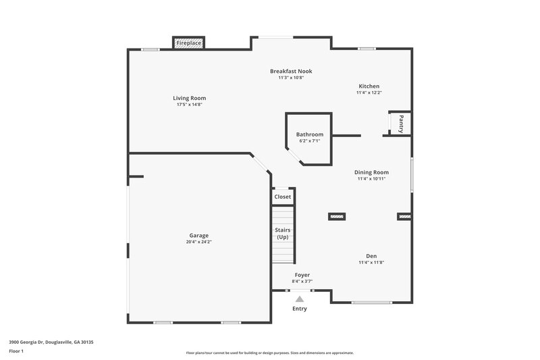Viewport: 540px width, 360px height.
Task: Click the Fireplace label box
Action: point(188,43)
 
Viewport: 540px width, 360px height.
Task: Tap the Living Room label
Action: point(189,98)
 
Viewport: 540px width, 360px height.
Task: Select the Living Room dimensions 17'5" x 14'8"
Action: point(189,105)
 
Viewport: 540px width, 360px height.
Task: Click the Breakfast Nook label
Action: point(291,71)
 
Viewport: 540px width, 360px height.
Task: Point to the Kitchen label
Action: point(369,86)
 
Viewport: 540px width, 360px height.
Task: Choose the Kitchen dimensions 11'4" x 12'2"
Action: point(369,93)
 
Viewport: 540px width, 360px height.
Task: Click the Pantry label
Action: point(401,123)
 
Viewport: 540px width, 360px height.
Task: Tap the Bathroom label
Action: point(309,134)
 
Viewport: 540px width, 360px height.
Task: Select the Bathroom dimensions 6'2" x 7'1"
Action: point(308,141)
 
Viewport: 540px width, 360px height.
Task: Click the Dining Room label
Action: point(372,172)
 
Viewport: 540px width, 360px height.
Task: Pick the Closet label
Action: point(282,197)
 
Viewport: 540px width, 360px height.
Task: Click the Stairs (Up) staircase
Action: point(283,234)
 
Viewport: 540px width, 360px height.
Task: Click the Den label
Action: point(371,256)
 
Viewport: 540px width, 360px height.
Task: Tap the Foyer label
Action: point(302,275)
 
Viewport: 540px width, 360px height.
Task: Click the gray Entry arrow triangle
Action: point(300,298)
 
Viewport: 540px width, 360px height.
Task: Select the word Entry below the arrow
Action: point(299,309)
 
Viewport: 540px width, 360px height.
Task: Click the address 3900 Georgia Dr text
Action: point(51,342)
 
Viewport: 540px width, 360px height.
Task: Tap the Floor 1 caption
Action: point(16,352)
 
